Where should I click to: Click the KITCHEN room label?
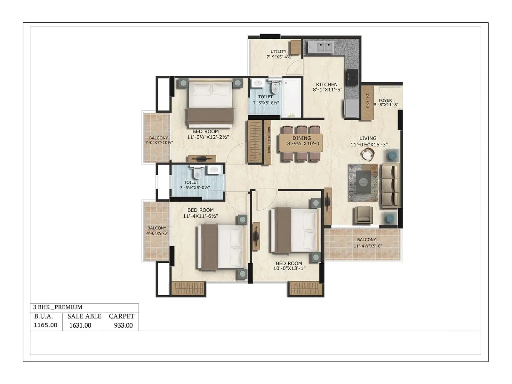(327, 84)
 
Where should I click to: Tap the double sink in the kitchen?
(320, 47)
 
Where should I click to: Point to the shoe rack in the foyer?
(367, 102)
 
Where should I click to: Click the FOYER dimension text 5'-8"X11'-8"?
(386, 105)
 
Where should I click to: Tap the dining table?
(301, 143)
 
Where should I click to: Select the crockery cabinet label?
(269, 140)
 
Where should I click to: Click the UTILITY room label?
(278, 52)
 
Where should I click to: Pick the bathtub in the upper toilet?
(292, 98)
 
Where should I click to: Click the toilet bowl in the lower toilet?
(197, 174)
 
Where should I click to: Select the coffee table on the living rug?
(363, 182)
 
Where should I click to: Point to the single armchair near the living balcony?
(363, 215)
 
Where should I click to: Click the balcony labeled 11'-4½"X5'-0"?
(368, 246)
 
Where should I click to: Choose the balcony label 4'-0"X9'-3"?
(157, 233)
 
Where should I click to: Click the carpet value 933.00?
(123, 325)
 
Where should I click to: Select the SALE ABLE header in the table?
(84, 316)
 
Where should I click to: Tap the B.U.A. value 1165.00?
(45, 325)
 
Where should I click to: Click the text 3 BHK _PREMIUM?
(58, 307)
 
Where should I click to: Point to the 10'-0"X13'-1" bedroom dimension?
(289, 268)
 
